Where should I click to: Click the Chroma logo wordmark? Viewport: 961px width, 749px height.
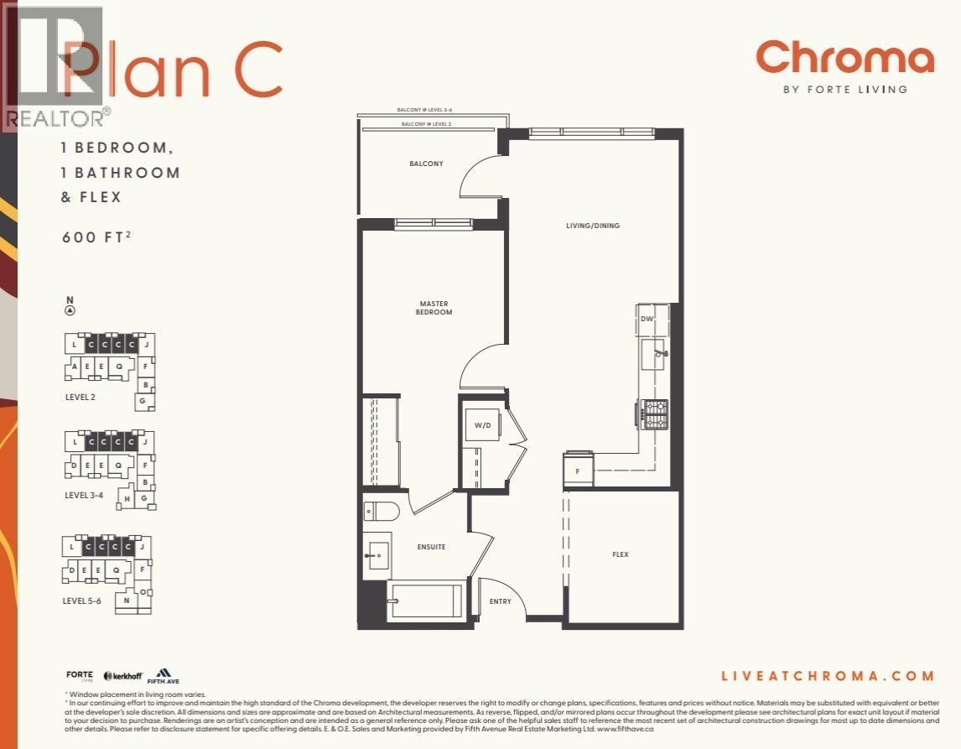844,58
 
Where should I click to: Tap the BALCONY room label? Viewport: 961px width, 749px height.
426,164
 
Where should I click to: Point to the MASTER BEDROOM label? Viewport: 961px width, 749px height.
434,308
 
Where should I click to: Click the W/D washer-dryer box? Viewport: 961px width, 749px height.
483,425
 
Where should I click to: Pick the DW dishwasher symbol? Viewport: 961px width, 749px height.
647,319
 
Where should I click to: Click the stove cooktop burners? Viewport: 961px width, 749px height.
654,414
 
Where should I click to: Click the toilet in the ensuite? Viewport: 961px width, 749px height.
382,511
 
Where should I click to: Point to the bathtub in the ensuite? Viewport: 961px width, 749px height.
425,601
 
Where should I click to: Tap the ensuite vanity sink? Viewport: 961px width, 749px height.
378,554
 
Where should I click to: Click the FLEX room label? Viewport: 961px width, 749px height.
620,554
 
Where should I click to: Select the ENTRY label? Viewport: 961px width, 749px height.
500,601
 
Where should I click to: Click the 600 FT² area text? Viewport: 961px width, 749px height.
96,237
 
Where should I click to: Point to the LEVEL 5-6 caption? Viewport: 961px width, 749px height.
84,601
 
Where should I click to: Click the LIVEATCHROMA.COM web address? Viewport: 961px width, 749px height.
827,676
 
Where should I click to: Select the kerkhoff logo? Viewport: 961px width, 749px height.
123,676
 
